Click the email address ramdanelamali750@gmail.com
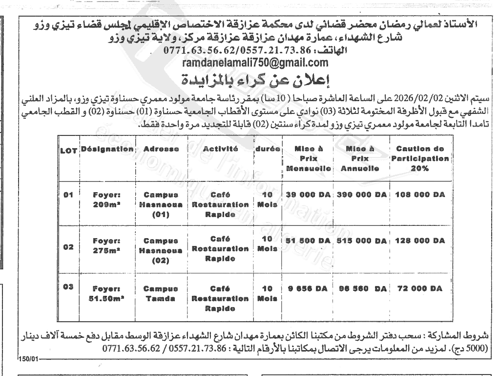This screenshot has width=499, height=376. tap(249, 63)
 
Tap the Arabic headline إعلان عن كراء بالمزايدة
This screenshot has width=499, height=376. tap(249, 79)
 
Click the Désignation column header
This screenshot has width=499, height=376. tap(107, 148)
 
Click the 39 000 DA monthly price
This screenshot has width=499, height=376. tap(308, 195)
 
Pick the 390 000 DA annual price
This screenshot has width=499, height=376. tap(362, 195)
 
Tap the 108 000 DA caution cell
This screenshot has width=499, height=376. tap(419, 195)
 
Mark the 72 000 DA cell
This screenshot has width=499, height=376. tap(419, 288)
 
